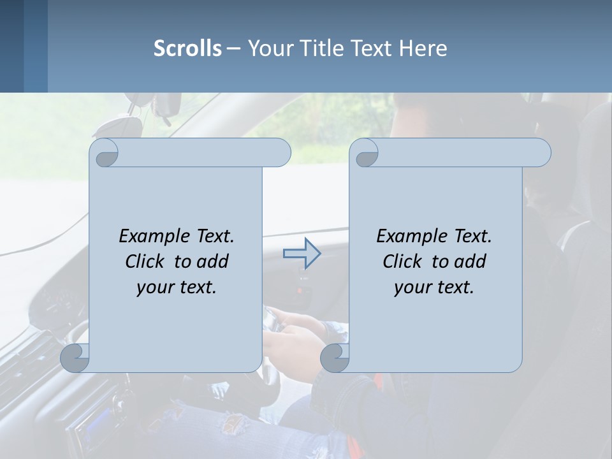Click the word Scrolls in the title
[187, 48]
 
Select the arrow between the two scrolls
[302, 254]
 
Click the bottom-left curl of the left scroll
[75, 358]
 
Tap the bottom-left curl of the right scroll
[334, 358]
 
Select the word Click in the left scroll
[146, 261]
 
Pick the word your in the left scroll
[154, 288]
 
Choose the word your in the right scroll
[411, 288]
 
